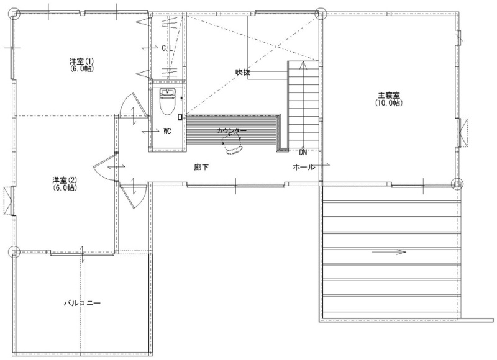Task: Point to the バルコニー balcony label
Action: [83, 304]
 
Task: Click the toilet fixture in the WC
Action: [166, 101]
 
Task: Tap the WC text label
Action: [167, 131]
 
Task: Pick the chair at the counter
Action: [232, 144]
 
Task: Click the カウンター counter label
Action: [232, 130]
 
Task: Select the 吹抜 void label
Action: [242, 72]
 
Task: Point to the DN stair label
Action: [303, 153]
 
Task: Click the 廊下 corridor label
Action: [201, 167]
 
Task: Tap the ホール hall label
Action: [304, 167]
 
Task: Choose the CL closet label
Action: [167, 48]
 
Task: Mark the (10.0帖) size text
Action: [389, 103]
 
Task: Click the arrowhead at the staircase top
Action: [304, 65]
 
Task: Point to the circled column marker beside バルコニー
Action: [14, 252]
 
